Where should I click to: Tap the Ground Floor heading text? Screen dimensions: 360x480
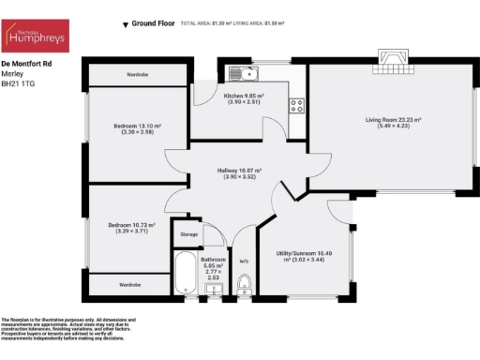coord(156,22)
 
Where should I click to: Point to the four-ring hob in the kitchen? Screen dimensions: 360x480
coord(295,105)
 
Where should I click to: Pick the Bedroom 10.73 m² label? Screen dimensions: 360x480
coord(131,227)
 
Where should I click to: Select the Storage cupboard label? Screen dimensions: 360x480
coord(189,234)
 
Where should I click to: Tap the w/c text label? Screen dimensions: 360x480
coord(244,261)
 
